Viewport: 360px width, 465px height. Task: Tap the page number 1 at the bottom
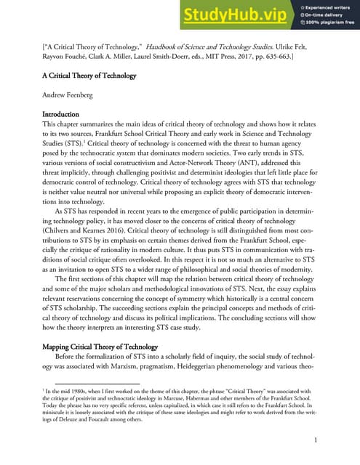pyautogui.click(x=315, y=440)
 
